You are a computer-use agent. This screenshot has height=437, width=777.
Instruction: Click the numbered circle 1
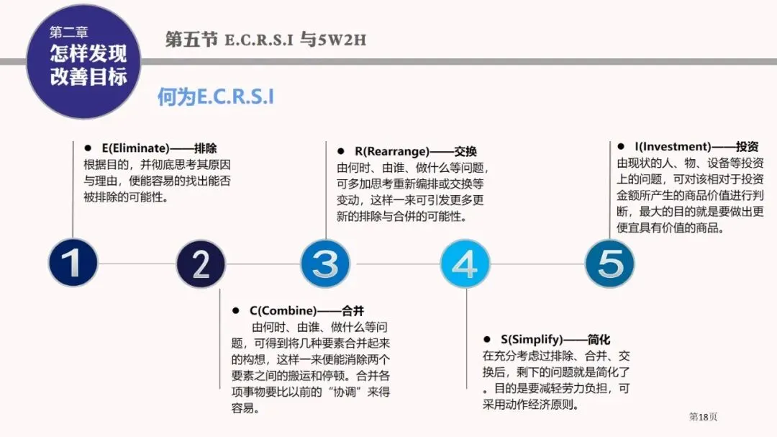(73, 263)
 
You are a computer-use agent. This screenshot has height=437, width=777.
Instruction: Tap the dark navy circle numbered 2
(201, 263)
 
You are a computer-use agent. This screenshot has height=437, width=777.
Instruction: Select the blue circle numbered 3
(325, 263)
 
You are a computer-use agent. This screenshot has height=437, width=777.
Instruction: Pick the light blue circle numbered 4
(465, 263)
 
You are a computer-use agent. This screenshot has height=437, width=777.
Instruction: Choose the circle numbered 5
(609, 263)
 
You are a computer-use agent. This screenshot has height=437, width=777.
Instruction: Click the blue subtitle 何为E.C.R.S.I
(216, 97)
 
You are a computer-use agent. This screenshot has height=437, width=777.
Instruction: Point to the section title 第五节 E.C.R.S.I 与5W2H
(265, 39)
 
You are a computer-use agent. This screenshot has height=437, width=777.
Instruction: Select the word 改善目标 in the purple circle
(88, 77)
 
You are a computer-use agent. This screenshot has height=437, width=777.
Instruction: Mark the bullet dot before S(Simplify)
(487, 339)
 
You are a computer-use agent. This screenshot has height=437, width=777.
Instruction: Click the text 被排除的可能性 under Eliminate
(127, 197)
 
